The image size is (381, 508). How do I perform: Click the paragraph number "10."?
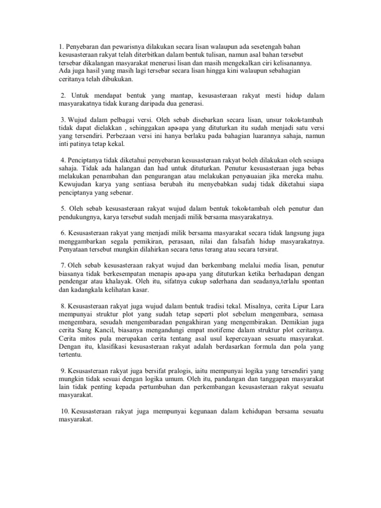click(64, 412)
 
